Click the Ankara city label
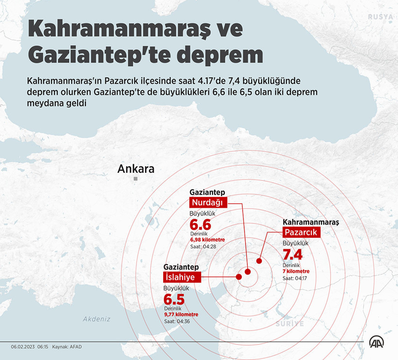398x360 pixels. click(x=136, y=169)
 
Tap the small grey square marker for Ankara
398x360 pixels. click(x=136, y=179)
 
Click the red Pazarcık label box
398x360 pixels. click(x=301, y=232)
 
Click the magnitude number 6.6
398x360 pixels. click(x=200, y=225)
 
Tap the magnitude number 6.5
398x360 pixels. click(x=175, y=299)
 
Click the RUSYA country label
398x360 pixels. click(x=380, y=17)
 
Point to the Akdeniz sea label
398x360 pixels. click(x=97, y=319)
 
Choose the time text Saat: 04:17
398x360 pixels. click(x=295, y=278)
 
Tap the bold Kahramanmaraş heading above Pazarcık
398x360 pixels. click(x=311, y=222)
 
